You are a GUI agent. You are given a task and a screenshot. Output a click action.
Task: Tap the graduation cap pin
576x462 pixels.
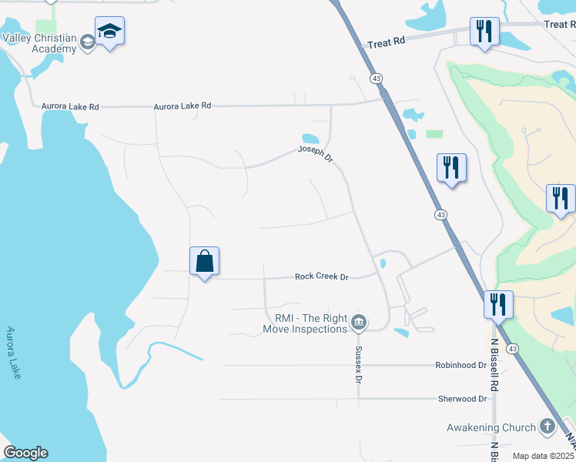(109, 32)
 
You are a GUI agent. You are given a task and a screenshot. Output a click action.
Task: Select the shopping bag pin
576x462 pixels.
(204, 262)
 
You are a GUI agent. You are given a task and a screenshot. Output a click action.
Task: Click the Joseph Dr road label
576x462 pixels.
(316, 154)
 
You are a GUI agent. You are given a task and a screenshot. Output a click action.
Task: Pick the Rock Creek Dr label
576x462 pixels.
(322, 276)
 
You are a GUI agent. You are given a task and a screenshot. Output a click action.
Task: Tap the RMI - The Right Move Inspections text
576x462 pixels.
(306, 323)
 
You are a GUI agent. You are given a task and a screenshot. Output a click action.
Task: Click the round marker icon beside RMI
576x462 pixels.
(358, 323)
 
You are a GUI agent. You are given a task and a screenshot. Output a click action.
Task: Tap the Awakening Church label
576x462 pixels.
(491, 427)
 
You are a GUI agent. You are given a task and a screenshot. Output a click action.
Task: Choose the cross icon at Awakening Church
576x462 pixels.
(547, 426)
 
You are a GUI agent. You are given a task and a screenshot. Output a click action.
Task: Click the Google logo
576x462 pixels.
(25, 453)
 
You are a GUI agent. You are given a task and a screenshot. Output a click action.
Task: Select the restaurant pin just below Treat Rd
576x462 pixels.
(484, 32)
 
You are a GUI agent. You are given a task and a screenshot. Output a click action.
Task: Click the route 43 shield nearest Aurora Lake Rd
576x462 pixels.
(376, 79)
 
